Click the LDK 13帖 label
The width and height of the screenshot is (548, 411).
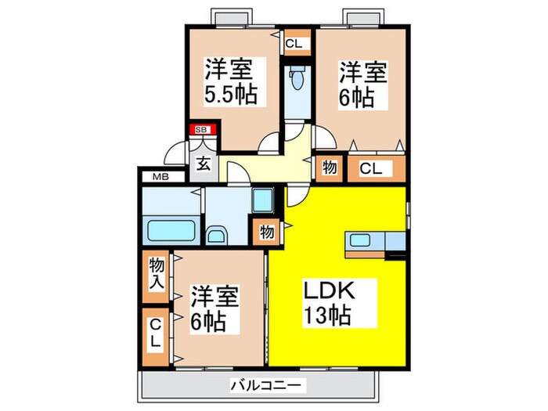pyautogui.click(x=328, y=303)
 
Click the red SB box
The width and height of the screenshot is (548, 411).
pyautogui.click(x=201, y=130)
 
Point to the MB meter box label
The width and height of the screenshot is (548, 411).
pyautogui.click(x=160, y=177)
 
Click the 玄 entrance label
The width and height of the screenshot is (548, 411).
pyautogui.click(x=203, y=164)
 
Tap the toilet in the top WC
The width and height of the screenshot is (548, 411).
pyautogui.click(x=297, y=80)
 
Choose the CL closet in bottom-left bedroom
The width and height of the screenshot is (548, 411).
pyautogui.click(x=156, y=333)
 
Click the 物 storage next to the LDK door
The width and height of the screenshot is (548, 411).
pyautogui.click(x=267, y=233)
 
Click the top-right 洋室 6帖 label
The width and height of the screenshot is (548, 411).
pyautogui.click(x=362, y=85)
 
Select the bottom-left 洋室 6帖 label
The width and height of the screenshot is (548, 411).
pyautogui.click(x=214, y=309)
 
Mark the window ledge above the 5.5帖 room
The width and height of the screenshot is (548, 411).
pyautogui.click(x=233, y=17)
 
